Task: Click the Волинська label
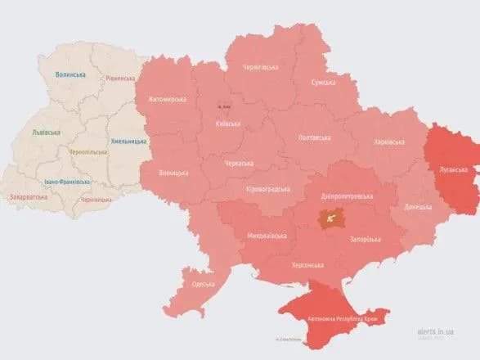[x=70, y=74]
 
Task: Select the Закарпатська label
[x=27, y=197]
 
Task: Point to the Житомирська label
[x=168, y=100]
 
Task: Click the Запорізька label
[x=365, y=239]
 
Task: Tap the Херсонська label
[x=307, y=265]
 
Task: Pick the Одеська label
[x=203, y=284]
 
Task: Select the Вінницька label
[x=173, y=173]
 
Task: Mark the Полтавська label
[x=315, y=137]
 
